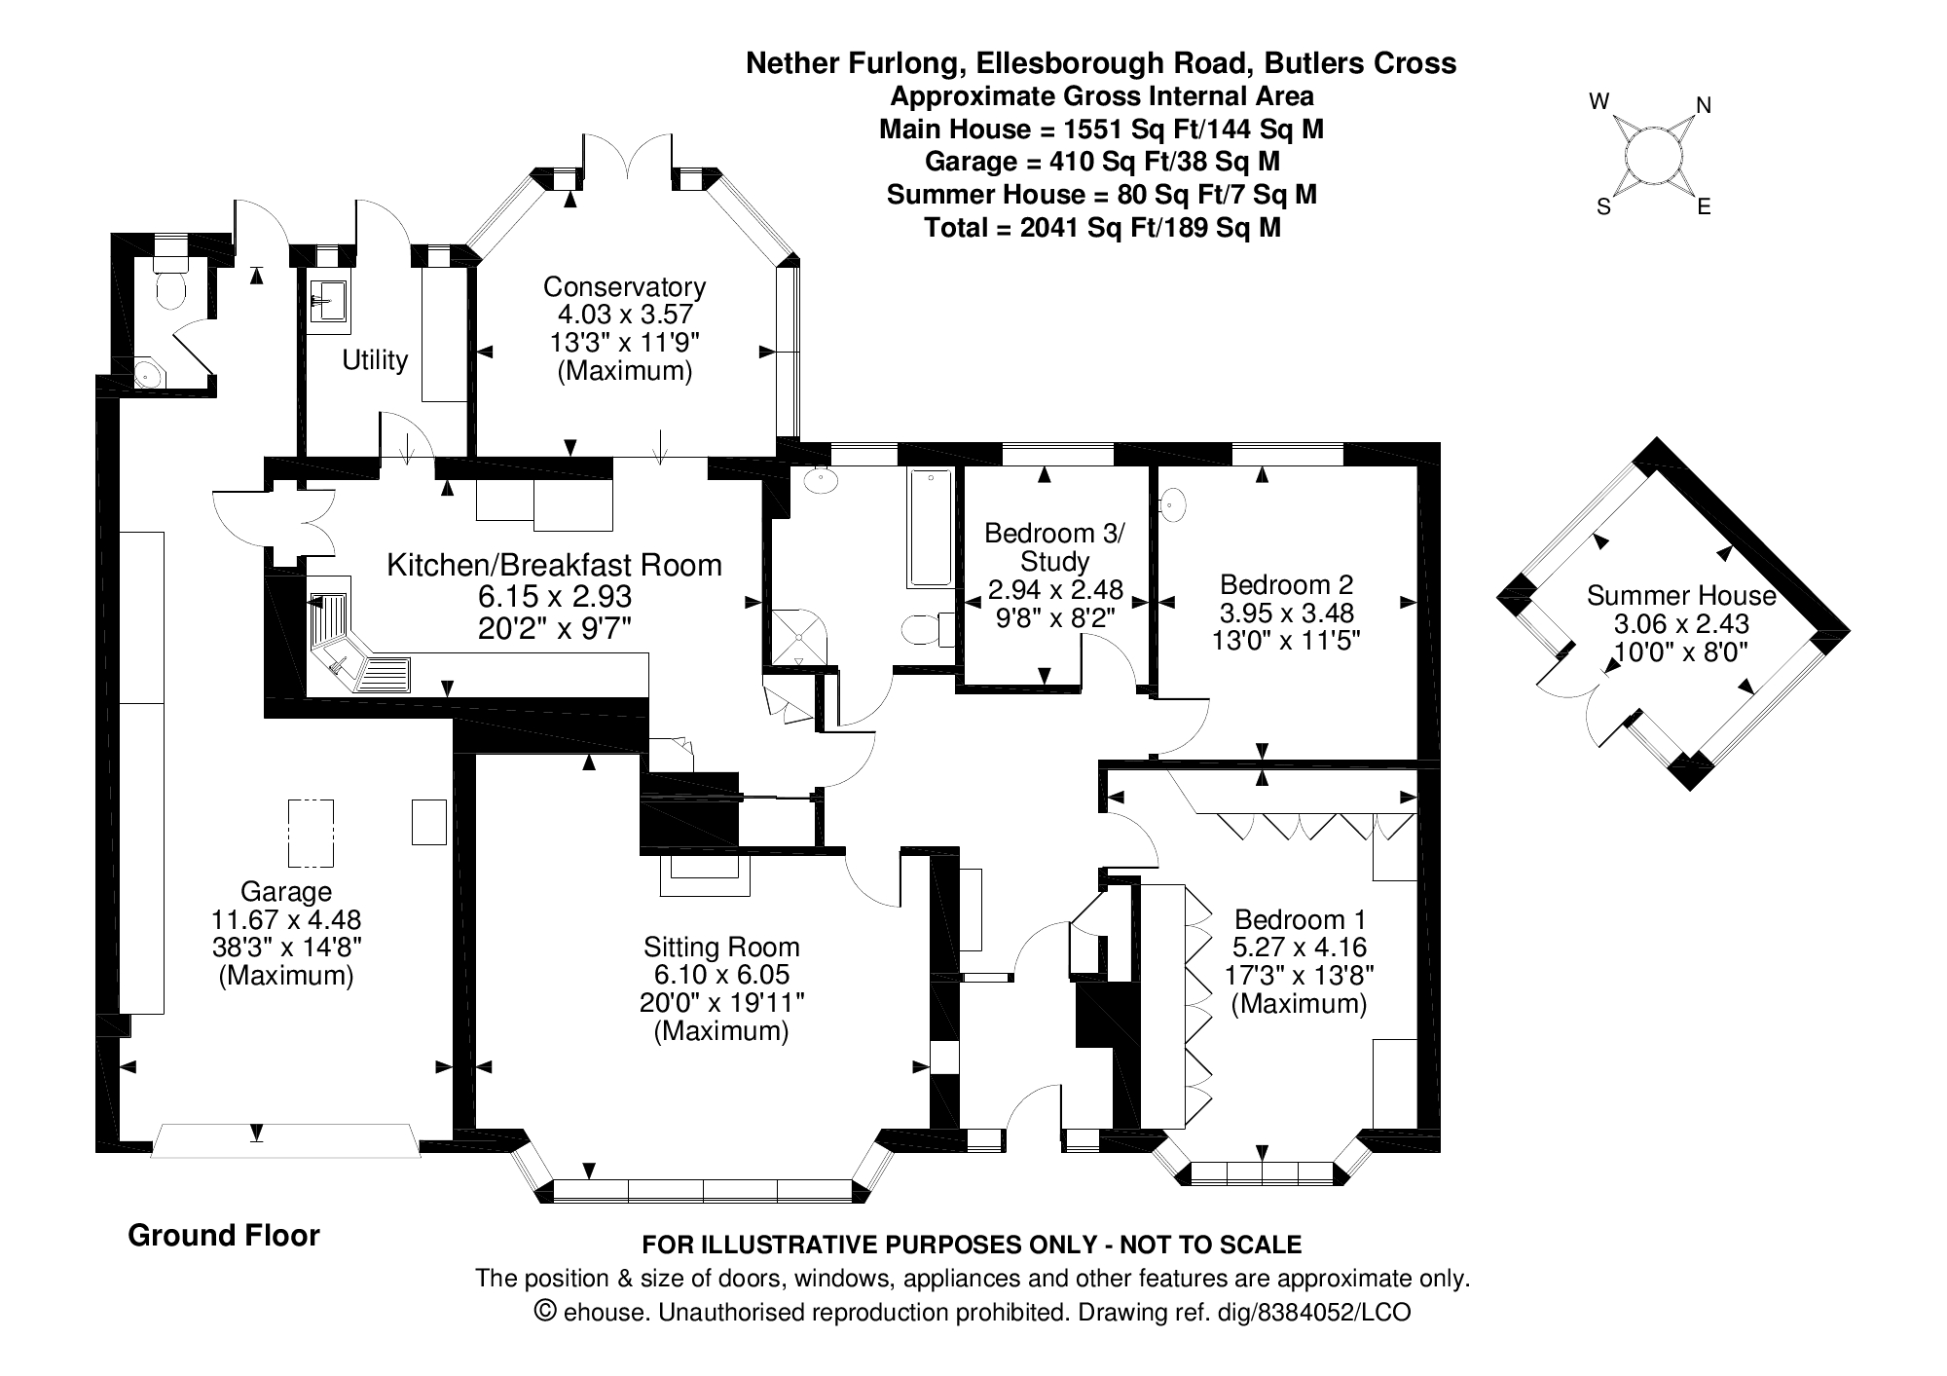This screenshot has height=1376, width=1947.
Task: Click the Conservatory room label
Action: (624, 287)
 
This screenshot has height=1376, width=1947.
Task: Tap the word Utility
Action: (375, 360)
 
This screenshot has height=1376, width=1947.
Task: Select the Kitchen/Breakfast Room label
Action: (554, 565)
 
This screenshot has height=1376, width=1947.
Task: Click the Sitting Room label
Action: (721, 947)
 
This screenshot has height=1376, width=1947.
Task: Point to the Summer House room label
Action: (1681, 596)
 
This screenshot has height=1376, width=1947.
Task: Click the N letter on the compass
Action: (1704, 105)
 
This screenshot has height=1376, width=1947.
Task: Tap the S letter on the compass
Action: (1603, 207)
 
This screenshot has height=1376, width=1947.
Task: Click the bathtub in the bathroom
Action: (930, 528)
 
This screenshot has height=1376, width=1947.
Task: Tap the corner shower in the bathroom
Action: (798, 638)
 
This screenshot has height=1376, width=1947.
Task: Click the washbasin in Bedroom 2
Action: (1174, 503)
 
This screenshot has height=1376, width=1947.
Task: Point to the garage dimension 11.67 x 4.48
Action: (286, 919)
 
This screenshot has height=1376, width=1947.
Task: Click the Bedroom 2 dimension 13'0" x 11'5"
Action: (1286, 641)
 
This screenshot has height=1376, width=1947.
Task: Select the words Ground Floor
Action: (224, 1236)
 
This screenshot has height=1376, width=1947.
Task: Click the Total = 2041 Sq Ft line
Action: (1101, 228)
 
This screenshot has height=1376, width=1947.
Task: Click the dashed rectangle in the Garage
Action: (311, 833)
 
